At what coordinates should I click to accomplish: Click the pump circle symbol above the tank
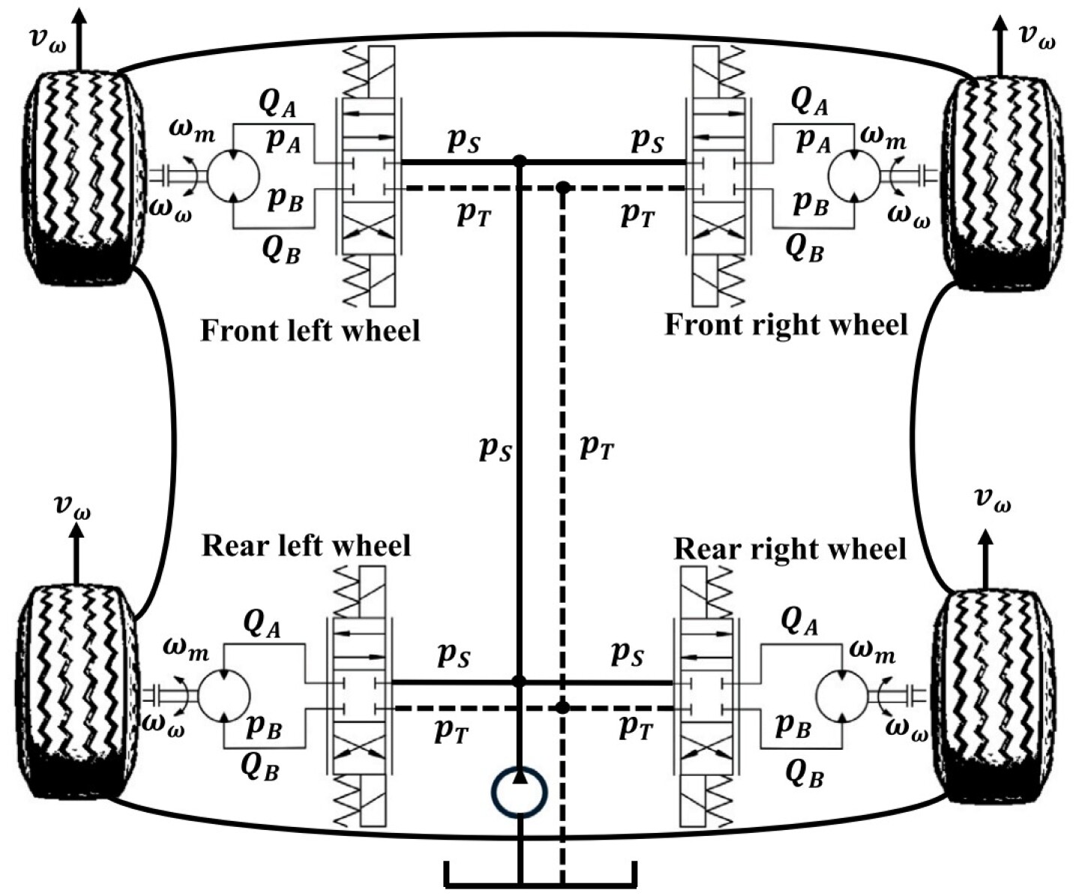click(x=519, y=792)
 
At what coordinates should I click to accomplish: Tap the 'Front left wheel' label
click(x=310, y=330)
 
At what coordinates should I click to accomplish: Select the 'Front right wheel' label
click(x=786, y=325)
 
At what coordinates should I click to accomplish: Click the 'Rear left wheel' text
click(x=306, y=545)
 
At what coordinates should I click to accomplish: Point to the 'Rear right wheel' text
click(x=790, y=549)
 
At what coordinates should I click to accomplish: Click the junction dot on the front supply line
click(x=518, y=161)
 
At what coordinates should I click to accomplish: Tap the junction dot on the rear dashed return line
click(x=562, y=707)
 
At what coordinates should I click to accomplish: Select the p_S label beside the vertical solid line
click(x=495, y=448)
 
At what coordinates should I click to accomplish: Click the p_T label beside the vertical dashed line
click(x=597, y=448)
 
